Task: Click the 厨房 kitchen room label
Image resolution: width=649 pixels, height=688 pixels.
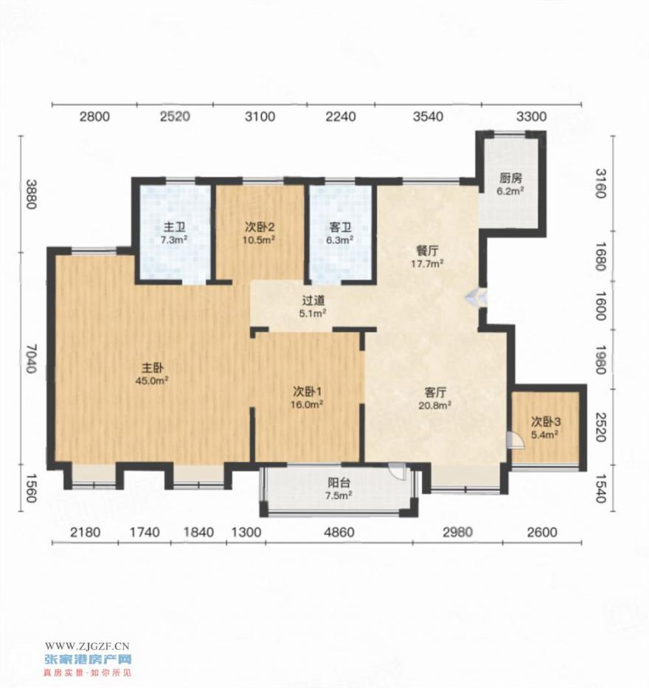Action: [x=511, y=178]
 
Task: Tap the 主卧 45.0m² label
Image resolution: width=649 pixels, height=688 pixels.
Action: [x=152, y=373]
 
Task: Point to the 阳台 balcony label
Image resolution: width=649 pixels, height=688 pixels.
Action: [x=339, y=483]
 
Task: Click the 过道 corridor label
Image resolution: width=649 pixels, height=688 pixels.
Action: [x=313, y=301]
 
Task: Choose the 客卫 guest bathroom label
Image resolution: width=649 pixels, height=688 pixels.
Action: [x=341, y=228]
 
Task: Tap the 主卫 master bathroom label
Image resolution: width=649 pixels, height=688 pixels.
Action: [x=174, y=228]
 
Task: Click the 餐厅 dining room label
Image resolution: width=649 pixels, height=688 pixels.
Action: [x=427, y=251]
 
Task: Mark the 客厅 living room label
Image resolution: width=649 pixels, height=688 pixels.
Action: [x=435, y=392]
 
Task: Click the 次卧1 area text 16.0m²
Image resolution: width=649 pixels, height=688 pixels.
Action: [x=307, y=405]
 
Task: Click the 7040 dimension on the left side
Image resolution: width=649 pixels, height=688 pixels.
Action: [x=30, y=358]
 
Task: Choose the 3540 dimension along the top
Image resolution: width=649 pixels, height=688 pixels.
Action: [x=428, y=117]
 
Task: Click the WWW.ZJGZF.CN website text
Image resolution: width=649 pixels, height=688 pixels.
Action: [x=87, y=645]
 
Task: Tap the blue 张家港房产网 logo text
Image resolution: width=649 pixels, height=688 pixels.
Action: [x=88, y=659]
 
